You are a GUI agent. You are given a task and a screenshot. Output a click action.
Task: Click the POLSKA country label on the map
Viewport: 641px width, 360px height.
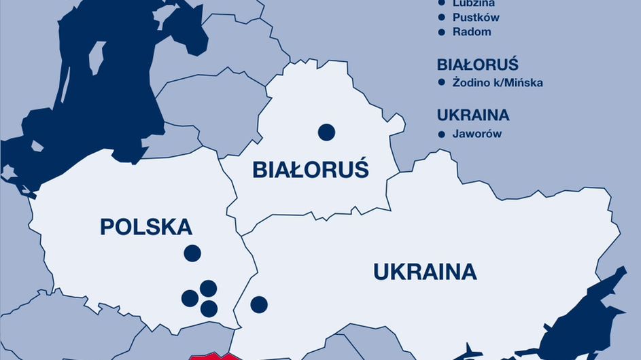tap(145, 227)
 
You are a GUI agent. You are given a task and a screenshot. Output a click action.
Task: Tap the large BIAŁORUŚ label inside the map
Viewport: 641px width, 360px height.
tap(310, 169)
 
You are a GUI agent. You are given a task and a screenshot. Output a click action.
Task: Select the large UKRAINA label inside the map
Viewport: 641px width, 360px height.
tap(425, 272)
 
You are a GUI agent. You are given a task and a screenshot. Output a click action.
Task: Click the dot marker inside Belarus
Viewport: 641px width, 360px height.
tap(326, 132)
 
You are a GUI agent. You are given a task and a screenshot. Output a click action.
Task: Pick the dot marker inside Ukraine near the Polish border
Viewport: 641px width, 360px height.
tap(258, 304)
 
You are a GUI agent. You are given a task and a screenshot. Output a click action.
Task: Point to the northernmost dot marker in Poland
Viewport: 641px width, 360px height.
tap(192, 253)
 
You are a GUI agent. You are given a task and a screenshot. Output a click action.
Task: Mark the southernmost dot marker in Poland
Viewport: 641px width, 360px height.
tap(209, 309)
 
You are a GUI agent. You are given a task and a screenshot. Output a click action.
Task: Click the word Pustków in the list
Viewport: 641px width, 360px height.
tap(476, 18)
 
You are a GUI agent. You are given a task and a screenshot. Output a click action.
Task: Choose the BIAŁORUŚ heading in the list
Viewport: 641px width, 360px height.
tap(478, 65)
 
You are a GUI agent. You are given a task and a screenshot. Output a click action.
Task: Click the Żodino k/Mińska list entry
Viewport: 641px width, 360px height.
tap(498, 83)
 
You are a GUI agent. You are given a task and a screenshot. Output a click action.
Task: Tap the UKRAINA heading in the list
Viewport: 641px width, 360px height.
tap(473, 115)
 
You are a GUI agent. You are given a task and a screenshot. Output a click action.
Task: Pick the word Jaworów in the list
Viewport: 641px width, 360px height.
tap(477, 134)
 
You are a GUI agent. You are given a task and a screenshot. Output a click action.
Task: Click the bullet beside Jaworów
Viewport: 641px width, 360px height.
tap(442, 134)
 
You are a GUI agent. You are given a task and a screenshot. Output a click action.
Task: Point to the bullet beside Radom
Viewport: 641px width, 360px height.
tap(442, 32)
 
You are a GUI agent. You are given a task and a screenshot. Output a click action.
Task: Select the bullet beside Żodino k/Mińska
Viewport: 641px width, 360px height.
tap(442, 83)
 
